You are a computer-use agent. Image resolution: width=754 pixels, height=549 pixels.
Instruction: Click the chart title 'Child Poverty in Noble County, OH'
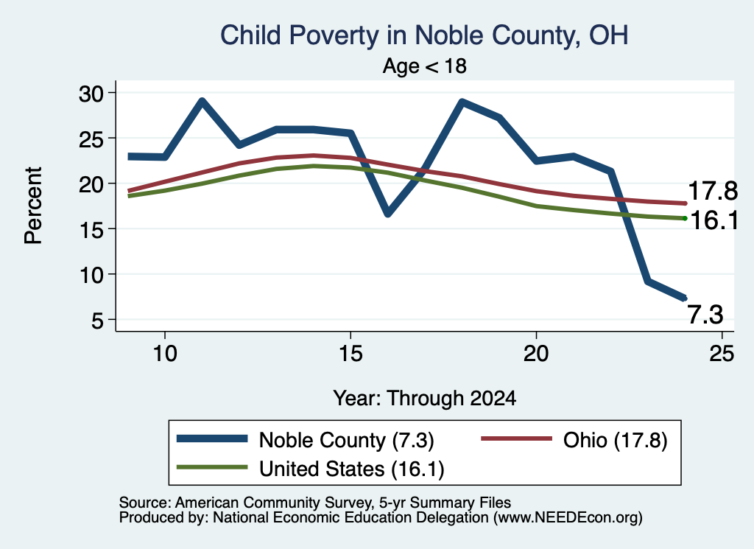424,35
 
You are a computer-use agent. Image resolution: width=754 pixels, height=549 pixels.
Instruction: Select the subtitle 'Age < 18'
425,66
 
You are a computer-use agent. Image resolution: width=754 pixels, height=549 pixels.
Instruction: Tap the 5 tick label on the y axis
98,320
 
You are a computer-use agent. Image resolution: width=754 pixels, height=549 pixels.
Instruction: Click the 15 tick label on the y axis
91,229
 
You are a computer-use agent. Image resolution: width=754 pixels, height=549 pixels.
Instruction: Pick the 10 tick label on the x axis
165,354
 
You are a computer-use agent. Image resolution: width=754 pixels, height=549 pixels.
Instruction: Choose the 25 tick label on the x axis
722,354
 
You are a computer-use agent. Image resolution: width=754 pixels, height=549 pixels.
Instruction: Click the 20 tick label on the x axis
536,354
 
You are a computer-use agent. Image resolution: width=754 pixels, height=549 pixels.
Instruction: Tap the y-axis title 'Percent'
34,206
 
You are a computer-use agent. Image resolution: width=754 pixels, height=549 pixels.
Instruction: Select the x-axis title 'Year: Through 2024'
425,399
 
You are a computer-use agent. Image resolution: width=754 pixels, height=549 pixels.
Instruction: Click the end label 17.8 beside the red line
713,191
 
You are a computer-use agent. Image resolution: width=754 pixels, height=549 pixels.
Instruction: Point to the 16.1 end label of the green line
714,220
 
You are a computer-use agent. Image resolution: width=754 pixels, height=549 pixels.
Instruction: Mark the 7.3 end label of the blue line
705,315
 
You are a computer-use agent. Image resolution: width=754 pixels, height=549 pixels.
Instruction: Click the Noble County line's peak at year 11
202,101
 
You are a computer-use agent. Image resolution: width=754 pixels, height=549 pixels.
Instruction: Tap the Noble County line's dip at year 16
388,213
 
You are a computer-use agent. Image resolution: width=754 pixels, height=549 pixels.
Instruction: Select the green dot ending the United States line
685,218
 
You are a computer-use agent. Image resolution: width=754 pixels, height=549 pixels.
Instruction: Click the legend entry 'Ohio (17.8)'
615,440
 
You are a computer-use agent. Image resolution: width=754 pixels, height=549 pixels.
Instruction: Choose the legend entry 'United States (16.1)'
351,469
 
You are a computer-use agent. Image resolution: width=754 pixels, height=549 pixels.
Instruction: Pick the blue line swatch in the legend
212,438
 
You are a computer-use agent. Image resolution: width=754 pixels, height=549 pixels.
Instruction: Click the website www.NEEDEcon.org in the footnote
567,518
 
